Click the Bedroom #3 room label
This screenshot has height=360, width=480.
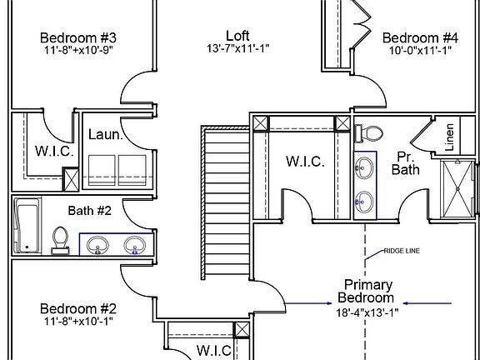77,38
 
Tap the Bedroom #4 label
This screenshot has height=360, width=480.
420,38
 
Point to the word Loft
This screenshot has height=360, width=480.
237,35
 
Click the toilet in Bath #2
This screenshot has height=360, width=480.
60,239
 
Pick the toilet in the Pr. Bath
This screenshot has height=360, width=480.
368,133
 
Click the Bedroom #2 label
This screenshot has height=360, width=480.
77,307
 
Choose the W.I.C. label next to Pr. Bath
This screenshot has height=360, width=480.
304,161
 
